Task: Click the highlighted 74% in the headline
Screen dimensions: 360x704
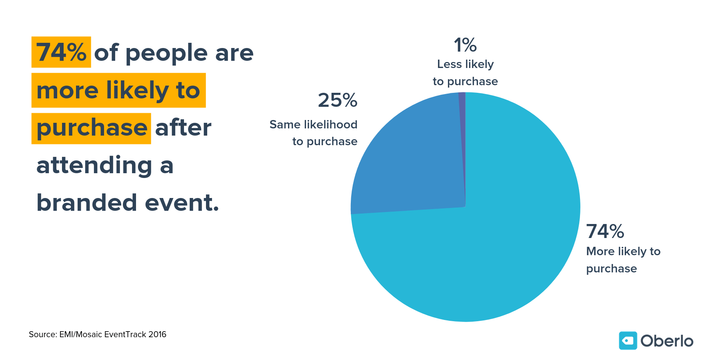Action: [61, 52]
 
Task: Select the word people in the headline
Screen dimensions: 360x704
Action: [166, 54]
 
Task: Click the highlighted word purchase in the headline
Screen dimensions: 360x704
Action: [92, 128]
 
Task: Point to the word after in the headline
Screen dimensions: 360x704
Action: [183, 128]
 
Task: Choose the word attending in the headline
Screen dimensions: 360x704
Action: [94, 166]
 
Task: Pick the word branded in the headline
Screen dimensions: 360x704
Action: [86, 203]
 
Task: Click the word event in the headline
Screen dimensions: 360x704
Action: [181, 203]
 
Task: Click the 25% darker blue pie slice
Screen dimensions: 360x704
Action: [412, 160]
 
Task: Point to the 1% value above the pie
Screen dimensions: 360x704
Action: [465, 45]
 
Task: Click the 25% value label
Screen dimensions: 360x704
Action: [338, 100]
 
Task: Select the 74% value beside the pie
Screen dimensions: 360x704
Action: [605, 232]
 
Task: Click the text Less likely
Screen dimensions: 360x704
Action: [465, 64]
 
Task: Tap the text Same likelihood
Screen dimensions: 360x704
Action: [313, 125]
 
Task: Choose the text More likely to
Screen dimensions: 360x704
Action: [623, 252]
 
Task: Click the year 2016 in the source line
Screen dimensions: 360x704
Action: [157, 334]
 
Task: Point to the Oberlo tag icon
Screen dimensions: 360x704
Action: [628, 341]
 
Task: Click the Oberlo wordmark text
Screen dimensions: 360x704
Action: [666, 341]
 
